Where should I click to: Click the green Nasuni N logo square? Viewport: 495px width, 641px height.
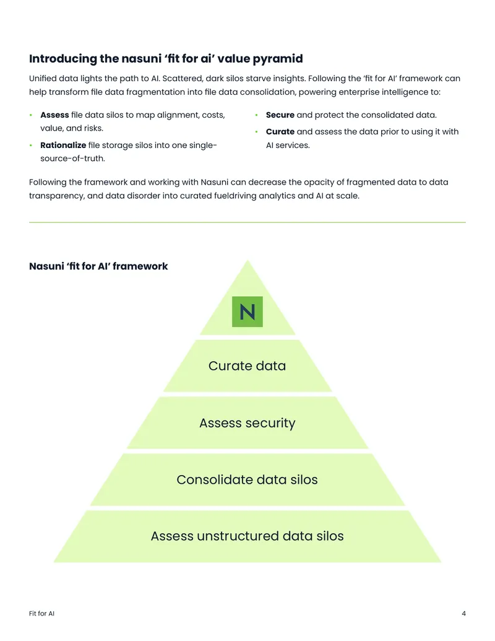[x=247, y=312]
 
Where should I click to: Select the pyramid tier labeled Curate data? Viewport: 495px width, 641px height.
[x=247, y=366]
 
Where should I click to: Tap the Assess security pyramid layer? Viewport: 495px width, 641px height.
[x=247, y=423]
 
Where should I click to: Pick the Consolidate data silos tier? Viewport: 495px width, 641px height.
[x=247, y=479]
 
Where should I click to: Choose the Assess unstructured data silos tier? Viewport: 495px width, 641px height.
[x=247, y=536]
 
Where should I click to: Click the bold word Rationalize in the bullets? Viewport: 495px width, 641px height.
[x=63, y=145]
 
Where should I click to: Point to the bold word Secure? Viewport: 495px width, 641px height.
[x=280, y=115]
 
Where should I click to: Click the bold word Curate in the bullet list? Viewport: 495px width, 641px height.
[x=280, y=132]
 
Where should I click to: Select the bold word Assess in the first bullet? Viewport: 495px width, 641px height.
[x=54, y=115]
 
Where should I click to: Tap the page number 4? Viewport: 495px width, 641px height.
[x=463, y=613]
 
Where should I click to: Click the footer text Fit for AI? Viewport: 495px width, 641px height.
[x=41, y=613]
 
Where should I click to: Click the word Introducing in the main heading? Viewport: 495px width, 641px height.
[x=63, y=58]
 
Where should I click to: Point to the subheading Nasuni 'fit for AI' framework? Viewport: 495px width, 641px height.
[x=98, y=266]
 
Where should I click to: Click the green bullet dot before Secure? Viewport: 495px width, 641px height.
[x=257, y=115]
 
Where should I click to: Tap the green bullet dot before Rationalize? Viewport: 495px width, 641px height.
[x=31, y=145]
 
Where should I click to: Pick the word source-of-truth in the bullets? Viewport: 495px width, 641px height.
[x=72, y=158]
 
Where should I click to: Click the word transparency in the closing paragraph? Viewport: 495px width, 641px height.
[x=57, y=196]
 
